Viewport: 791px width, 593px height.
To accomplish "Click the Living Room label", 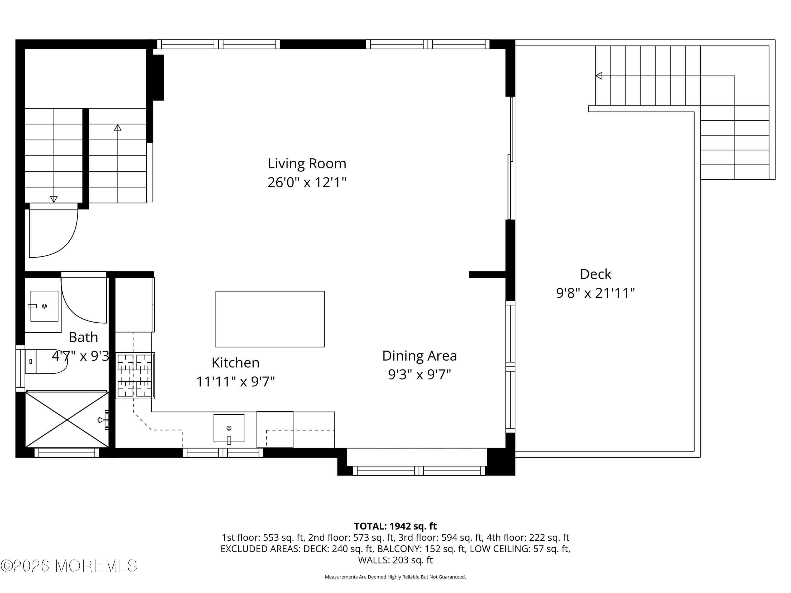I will pos(307,164).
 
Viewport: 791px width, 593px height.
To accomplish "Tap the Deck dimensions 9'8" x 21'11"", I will pos(595,293).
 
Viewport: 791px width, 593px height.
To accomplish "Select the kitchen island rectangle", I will pos(270,319).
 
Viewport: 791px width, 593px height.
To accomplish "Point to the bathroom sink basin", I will pos(44,306).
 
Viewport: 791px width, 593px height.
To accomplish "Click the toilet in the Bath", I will pos(46,361).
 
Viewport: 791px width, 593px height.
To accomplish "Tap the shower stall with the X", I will pos(67,420).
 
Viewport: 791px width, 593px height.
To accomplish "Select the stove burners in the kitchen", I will pos(135,375).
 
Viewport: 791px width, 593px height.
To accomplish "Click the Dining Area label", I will pos(419,356).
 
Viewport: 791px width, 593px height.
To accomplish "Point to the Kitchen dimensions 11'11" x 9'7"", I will pos(235,382).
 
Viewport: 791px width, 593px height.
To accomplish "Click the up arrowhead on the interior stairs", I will pos(118,127).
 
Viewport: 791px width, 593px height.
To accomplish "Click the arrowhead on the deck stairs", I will pos(599,76).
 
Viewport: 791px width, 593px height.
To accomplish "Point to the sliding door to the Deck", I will pos(511,159).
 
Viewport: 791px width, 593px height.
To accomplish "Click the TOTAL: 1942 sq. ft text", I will pos(395,526).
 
